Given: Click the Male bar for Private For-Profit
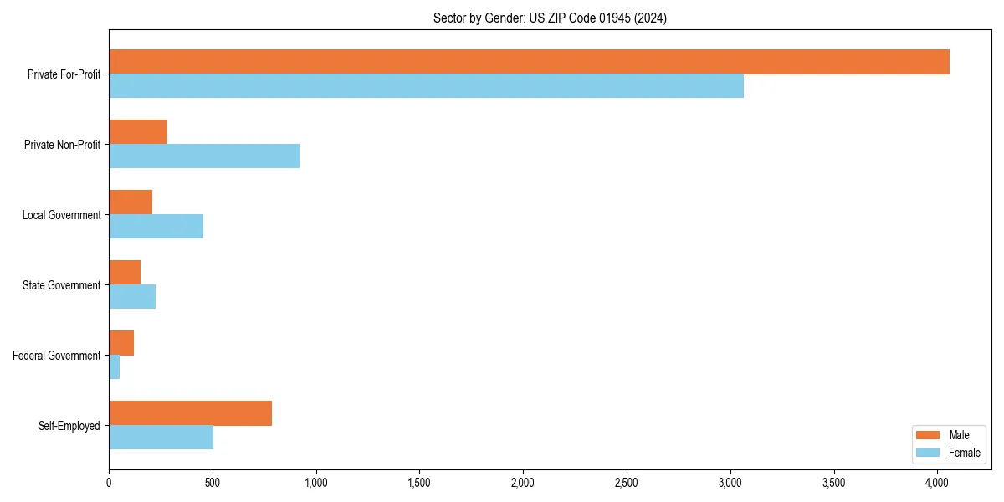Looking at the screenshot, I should click(529, 62).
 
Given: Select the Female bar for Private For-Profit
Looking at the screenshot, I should click(426, 86).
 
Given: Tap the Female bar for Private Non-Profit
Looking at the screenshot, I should click(204, 156).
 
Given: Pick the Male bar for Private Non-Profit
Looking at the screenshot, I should click(138, 132).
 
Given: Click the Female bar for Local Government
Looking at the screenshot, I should click(156, 227).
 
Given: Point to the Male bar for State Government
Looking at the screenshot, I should click(125, 273).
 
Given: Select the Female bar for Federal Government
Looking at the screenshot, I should click(115, 367).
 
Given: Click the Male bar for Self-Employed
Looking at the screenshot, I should click(190, 413).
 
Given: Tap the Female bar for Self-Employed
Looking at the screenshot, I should click(161, 438).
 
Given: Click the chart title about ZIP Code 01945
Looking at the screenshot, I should click(550, 18).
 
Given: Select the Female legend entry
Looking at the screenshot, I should click(947, 453).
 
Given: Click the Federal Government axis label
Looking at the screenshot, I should click(57, 356).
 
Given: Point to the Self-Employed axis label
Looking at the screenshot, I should click(69, 426).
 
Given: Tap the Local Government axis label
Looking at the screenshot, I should click(61, 215).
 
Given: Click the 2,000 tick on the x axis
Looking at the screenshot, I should click(523, 483).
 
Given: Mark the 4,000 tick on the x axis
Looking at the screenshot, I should click(937, 483).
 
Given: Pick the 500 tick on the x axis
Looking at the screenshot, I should click(213, 483).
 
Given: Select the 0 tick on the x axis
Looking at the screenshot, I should click(109, 483).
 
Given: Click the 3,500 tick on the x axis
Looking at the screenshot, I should click(833, 483).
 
